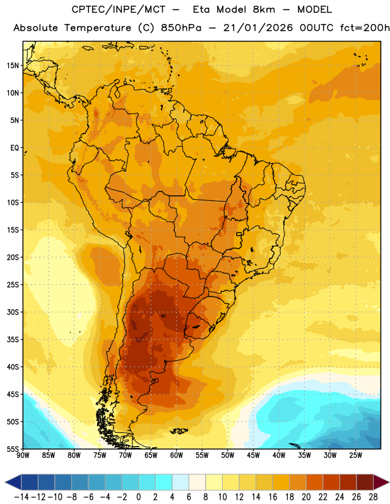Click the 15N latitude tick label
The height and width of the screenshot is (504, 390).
pos(13,66)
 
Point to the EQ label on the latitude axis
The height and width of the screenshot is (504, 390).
pos(15,148)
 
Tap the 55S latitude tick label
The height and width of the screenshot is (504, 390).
pos(13,449)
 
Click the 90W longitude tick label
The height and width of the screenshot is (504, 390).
pos(23,455)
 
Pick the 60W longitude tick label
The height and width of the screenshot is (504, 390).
pos(177,455)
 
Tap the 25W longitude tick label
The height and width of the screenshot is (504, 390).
pos(355,455)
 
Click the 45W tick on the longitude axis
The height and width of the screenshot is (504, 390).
pos(253,455)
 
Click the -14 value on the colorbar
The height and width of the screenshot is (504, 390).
pos(21,497)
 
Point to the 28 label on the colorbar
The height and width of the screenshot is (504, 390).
pos(373,497)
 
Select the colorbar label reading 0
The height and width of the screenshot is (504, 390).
pos(138,497)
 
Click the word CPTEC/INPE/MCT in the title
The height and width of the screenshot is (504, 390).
pos(119,9)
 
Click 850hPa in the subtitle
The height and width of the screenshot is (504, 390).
pos(181,28)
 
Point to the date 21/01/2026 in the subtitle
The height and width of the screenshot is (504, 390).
pos(258,28)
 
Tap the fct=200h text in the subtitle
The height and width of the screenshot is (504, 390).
pos(365,28)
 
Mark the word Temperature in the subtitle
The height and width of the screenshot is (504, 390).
pos(98,28)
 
